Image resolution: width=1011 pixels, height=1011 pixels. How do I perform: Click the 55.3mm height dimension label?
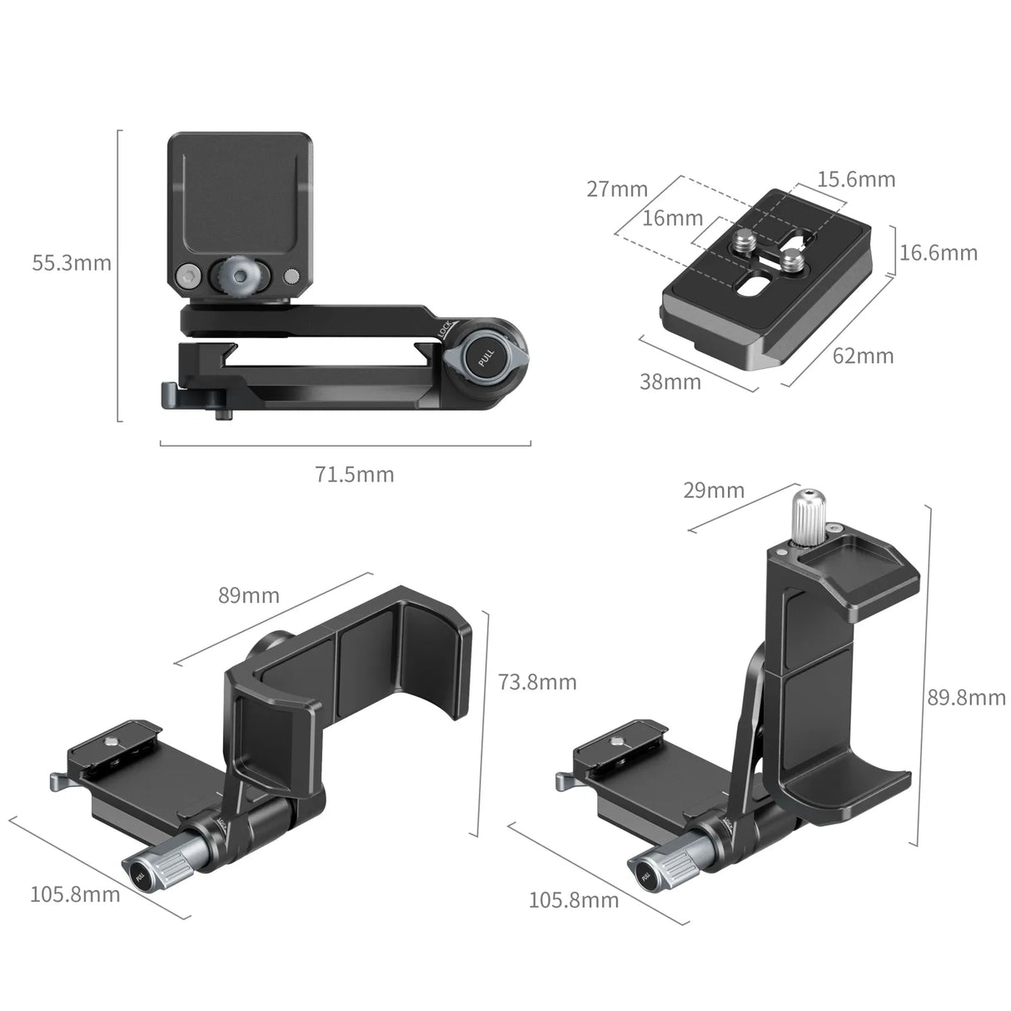71,263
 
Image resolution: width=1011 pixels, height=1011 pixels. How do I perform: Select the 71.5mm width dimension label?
354,475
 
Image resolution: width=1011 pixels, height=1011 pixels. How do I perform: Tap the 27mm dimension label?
616,189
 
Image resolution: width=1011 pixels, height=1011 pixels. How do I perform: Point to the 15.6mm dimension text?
855,179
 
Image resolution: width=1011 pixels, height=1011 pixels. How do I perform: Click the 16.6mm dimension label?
939,252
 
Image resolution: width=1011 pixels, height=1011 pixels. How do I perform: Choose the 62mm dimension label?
863,356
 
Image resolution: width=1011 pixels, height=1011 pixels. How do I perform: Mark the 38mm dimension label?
670,382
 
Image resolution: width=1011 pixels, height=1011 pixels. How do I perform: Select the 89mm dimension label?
249,595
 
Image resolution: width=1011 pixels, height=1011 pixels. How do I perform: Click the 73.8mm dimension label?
537,682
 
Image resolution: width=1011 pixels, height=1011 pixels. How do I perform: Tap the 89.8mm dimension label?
967,697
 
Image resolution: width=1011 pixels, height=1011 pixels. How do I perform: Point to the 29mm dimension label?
714,491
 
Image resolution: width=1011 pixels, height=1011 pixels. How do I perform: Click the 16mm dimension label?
673,218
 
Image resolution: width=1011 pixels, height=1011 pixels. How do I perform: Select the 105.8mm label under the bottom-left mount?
75,894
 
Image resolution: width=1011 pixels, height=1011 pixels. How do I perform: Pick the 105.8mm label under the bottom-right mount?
574,900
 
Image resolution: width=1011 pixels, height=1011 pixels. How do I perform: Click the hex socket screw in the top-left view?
187,276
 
